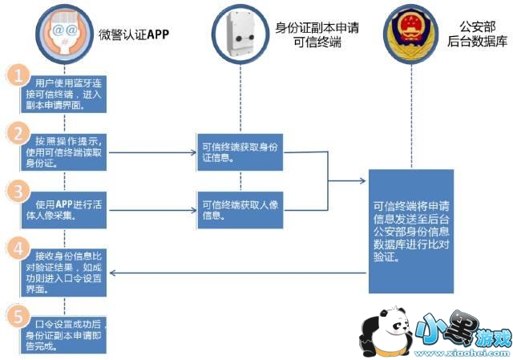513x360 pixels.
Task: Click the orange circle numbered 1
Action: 18,75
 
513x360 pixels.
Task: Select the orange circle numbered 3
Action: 18,192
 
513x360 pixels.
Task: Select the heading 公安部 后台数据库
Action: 476,34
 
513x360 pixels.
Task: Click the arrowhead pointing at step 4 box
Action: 113,274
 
